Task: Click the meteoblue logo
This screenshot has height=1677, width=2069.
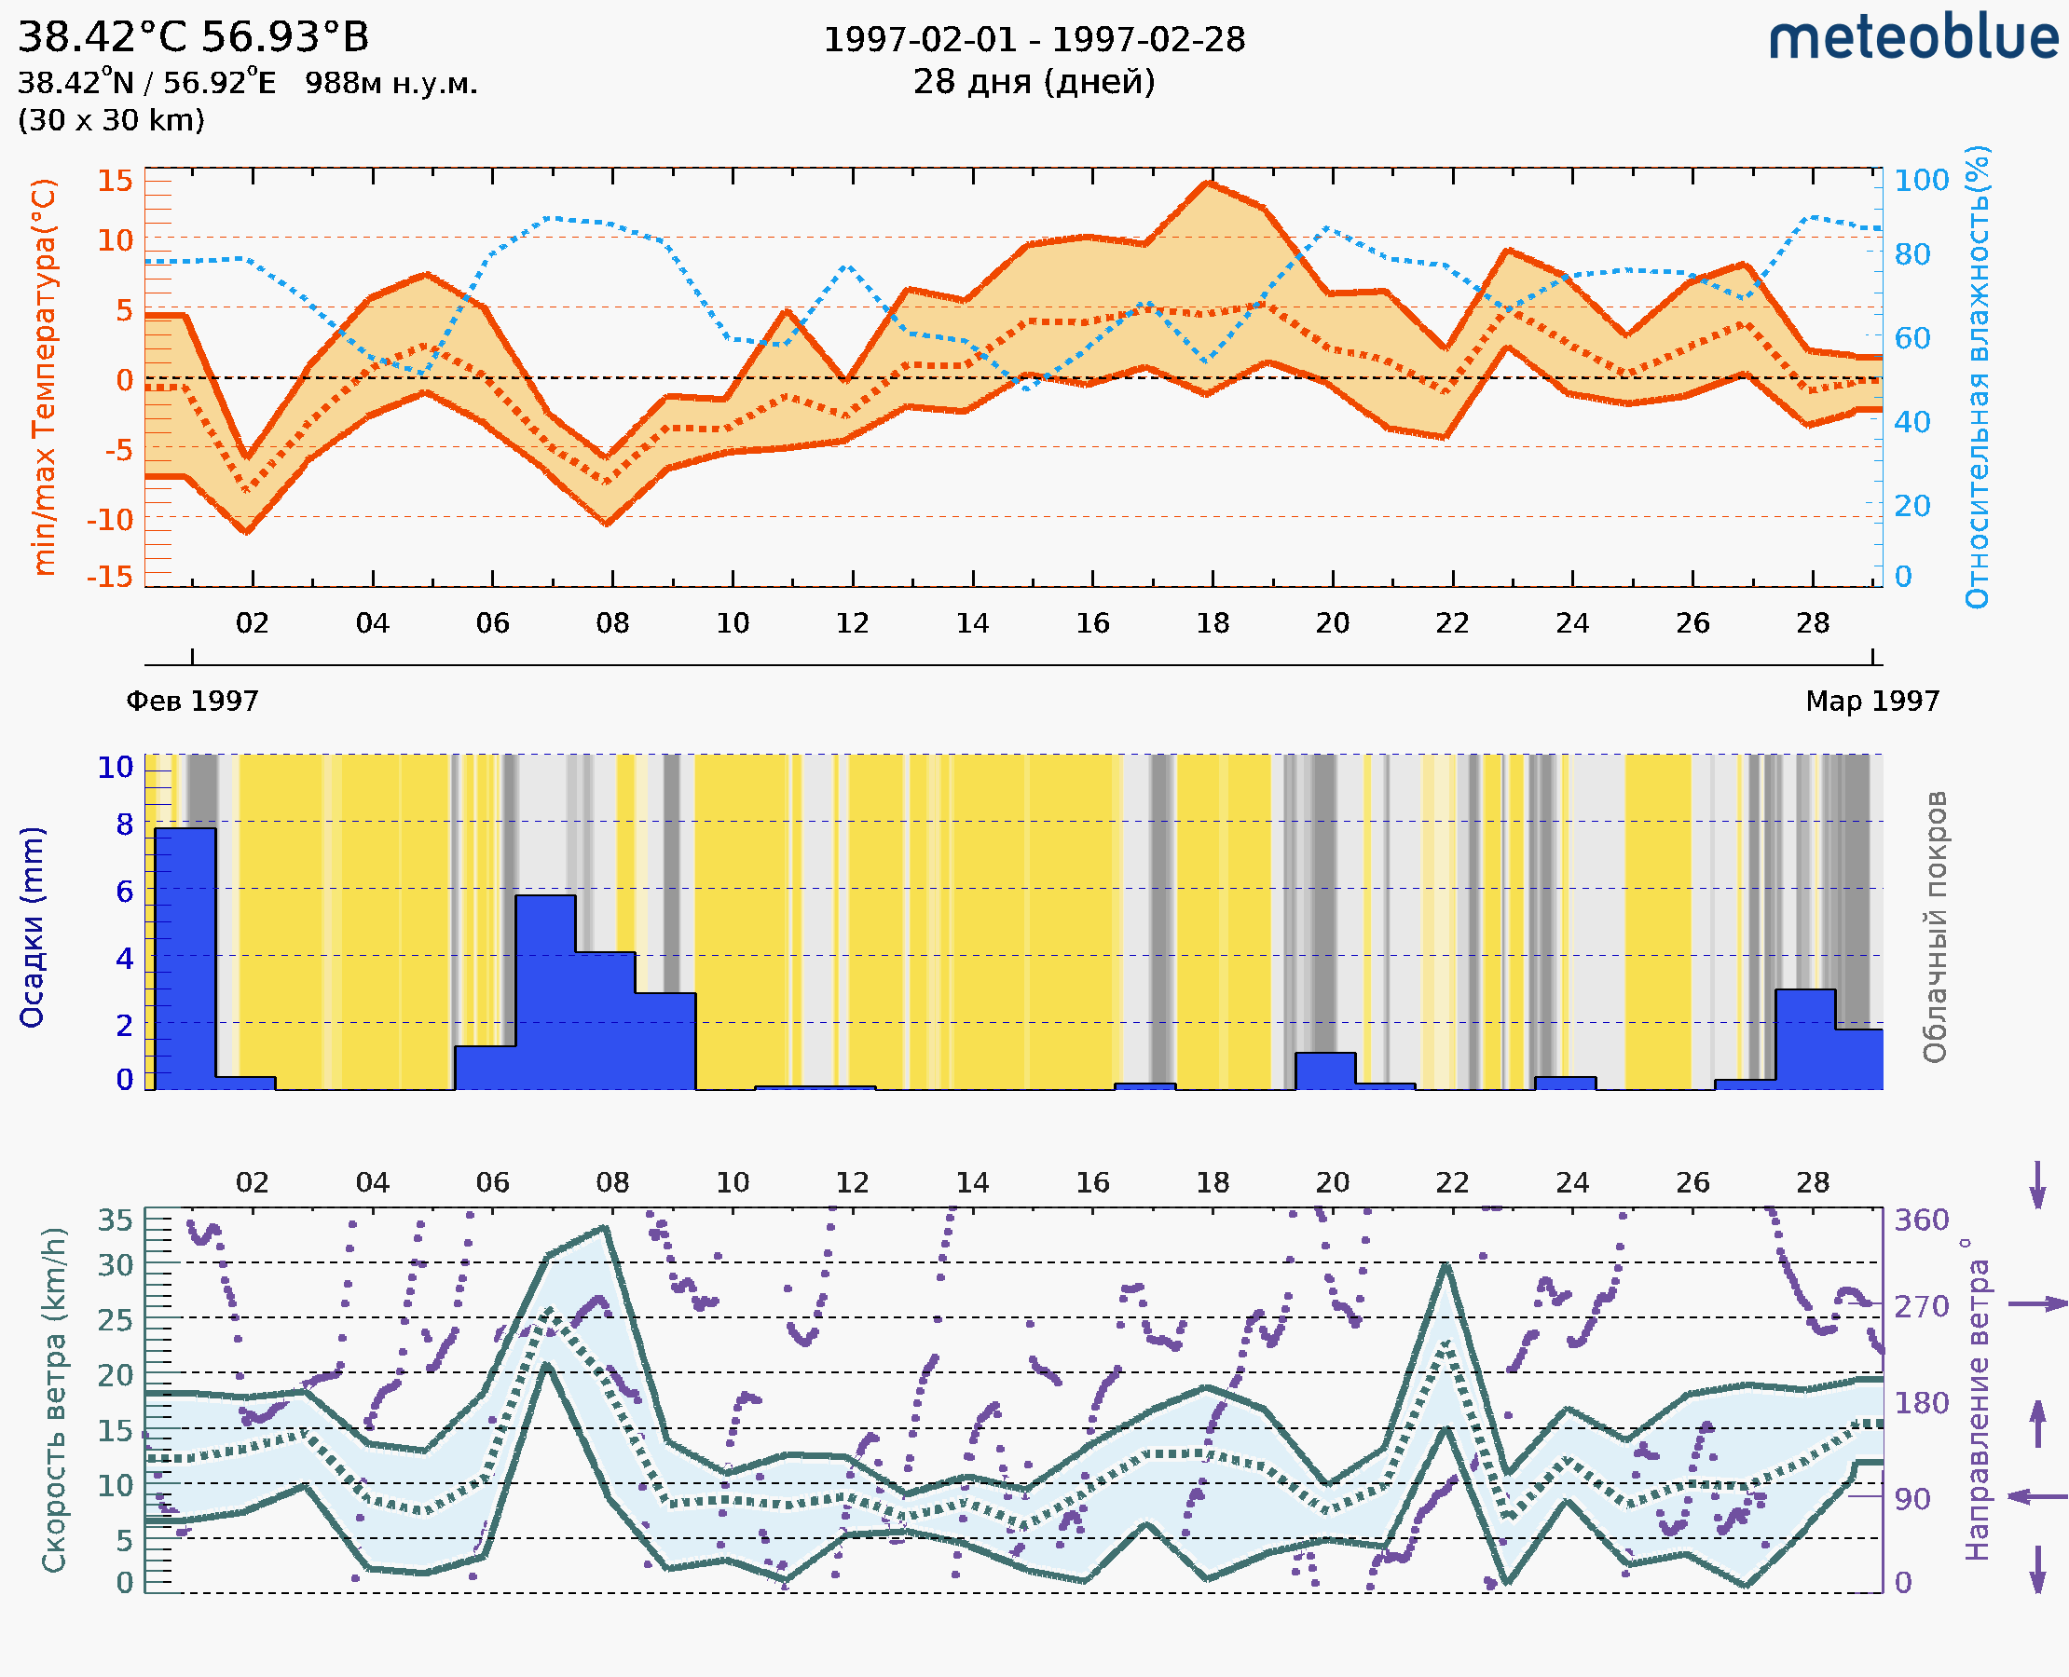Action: [x=1913, y=38]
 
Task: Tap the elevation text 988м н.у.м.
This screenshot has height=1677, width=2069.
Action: [x=391, y=83]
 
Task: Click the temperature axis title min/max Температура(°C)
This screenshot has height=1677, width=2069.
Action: [x=44, y=376]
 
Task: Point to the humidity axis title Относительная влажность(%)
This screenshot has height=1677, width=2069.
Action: [x=1977, y=376]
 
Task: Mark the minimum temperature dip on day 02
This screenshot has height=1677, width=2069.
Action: [x=247, y=530]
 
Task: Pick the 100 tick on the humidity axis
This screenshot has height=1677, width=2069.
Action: [x=1921, y=181]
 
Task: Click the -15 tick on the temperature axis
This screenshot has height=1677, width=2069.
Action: [x=109, y=577]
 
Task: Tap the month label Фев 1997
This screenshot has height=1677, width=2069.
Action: [x=192, y=701]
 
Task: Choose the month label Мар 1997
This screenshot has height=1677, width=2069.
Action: [x=1871, y=701]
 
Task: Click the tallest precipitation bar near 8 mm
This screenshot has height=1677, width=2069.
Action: [x=185, y=956]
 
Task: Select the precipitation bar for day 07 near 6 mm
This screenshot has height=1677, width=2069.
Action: [x=545, y=990]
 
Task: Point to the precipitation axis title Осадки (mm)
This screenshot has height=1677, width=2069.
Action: [x=32, y=927]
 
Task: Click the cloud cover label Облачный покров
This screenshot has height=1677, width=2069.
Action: [x=1935, y=927]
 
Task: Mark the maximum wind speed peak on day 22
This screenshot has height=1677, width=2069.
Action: [x=1446, y=1264]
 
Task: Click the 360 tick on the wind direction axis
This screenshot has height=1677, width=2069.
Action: [x=1921, y=1220]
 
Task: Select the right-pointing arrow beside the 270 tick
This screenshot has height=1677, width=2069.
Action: [x=2037, y=1304]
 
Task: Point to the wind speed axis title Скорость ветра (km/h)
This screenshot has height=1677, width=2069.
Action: [x=54, y=1399]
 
